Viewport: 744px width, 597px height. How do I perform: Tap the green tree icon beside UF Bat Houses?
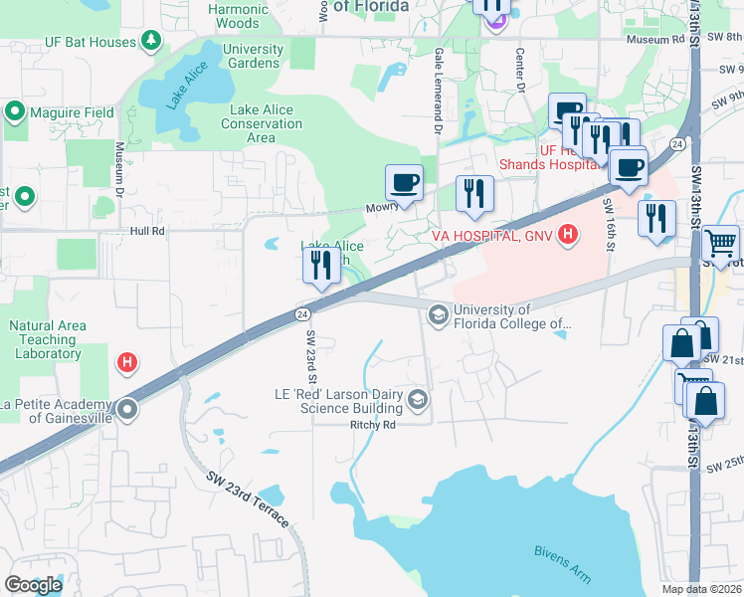[150, 41]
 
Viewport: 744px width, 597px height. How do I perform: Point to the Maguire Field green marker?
[16, 111]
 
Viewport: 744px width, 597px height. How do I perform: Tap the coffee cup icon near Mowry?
[404, 182]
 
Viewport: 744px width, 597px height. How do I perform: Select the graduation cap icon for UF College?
[438, 314]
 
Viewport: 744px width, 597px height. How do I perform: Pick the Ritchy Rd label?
[373, 424]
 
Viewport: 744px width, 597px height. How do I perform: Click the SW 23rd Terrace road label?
[248, 498]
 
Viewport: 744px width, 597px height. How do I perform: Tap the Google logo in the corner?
[33, 584]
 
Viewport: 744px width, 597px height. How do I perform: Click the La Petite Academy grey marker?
[127, 409]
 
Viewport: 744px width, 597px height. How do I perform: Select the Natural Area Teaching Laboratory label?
[48, 339]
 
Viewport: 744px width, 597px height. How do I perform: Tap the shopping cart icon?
[721, 242]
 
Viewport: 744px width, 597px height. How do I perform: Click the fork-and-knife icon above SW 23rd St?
[320, 266]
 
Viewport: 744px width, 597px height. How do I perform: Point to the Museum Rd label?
[656, 40]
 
